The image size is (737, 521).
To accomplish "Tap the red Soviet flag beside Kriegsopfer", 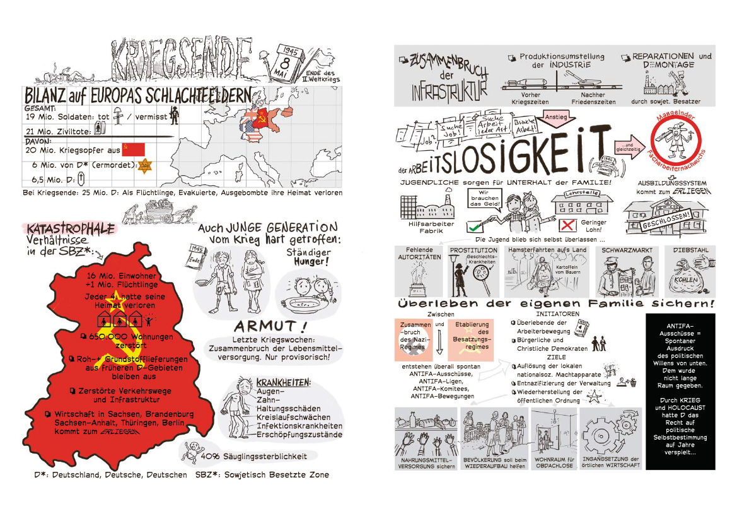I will (x=133, y=149).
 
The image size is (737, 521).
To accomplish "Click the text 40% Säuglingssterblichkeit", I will (x=255, y=456).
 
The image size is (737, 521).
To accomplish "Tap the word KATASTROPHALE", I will (x=71, y=228).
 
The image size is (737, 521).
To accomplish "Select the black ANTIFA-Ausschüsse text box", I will (x=681, y=391).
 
